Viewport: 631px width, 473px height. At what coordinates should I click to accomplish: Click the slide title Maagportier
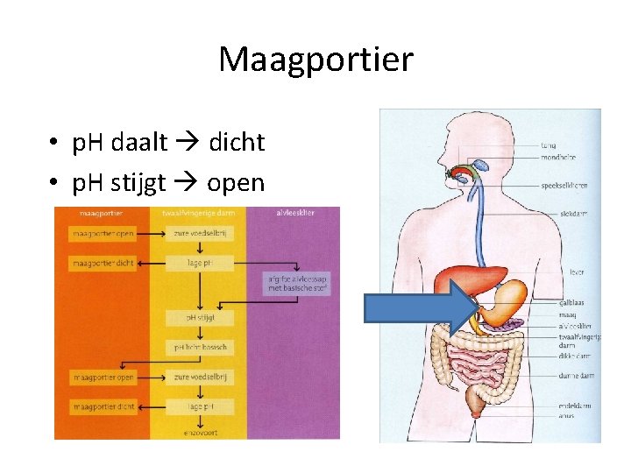point(315,60)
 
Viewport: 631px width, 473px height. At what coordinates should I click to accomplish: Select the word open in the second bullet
point(235,183)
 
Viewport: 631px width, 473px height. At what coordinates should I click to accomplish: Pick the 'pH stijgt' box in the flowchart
point(200,317)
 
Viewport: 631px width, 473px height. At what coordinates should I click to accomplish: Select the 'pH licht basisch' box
point(200,348)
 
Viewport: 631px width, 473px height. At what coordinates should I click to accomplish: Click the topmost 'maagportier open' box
point(103,234)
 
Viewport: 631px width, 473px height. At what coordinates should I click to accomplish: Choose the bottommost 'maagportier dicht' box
point(103,406)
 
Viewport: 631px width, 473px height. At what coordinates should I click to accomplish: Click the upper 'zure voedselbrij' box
point(200,234)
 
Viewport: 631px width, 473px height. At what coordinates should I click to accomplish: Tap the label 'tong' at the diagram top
point(549,145)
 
